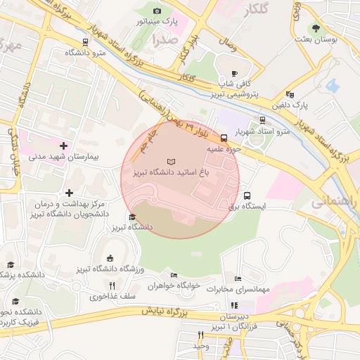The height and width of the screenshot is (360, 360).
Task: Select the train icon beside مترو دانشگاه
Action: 86,42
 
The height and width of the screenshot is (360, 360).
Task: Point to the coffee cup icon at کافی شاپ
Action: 235,73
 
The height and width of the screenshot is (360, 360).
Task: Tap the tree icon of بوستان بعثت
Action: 316,29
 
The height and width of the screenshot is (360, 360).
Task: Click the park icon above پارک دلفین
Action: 290,94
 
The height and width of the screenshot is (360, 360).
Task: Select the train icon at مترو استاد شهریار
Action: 262,120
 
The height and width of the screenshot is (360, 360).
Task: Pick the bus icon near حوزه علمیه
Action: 224,138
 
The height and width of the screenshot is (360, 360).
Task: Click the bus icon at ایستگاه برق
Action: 247,195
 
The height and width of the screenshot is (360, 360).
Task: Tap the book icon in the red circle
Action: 172,162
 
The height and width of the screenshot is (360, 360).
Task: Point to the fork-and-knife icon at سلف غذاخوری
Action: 112,285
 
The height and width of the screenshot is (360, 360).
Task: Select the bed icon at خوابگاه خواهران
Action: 174,275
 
